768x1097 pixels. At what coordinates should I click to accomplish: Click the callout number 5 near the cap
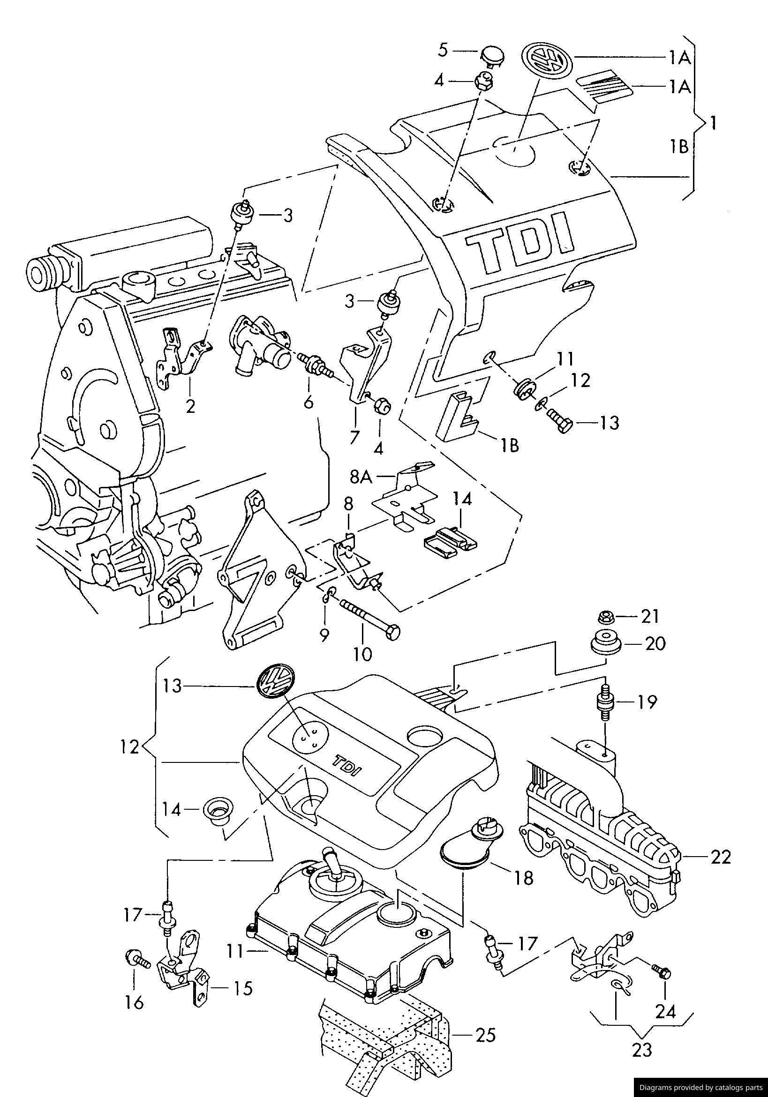(x=443, y=50)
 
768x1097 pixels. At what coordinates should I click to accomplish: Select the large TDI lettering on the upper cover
(x=520, y=245)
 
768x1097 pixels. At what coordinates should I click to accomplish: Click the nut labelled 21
(x=603, y=618)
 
